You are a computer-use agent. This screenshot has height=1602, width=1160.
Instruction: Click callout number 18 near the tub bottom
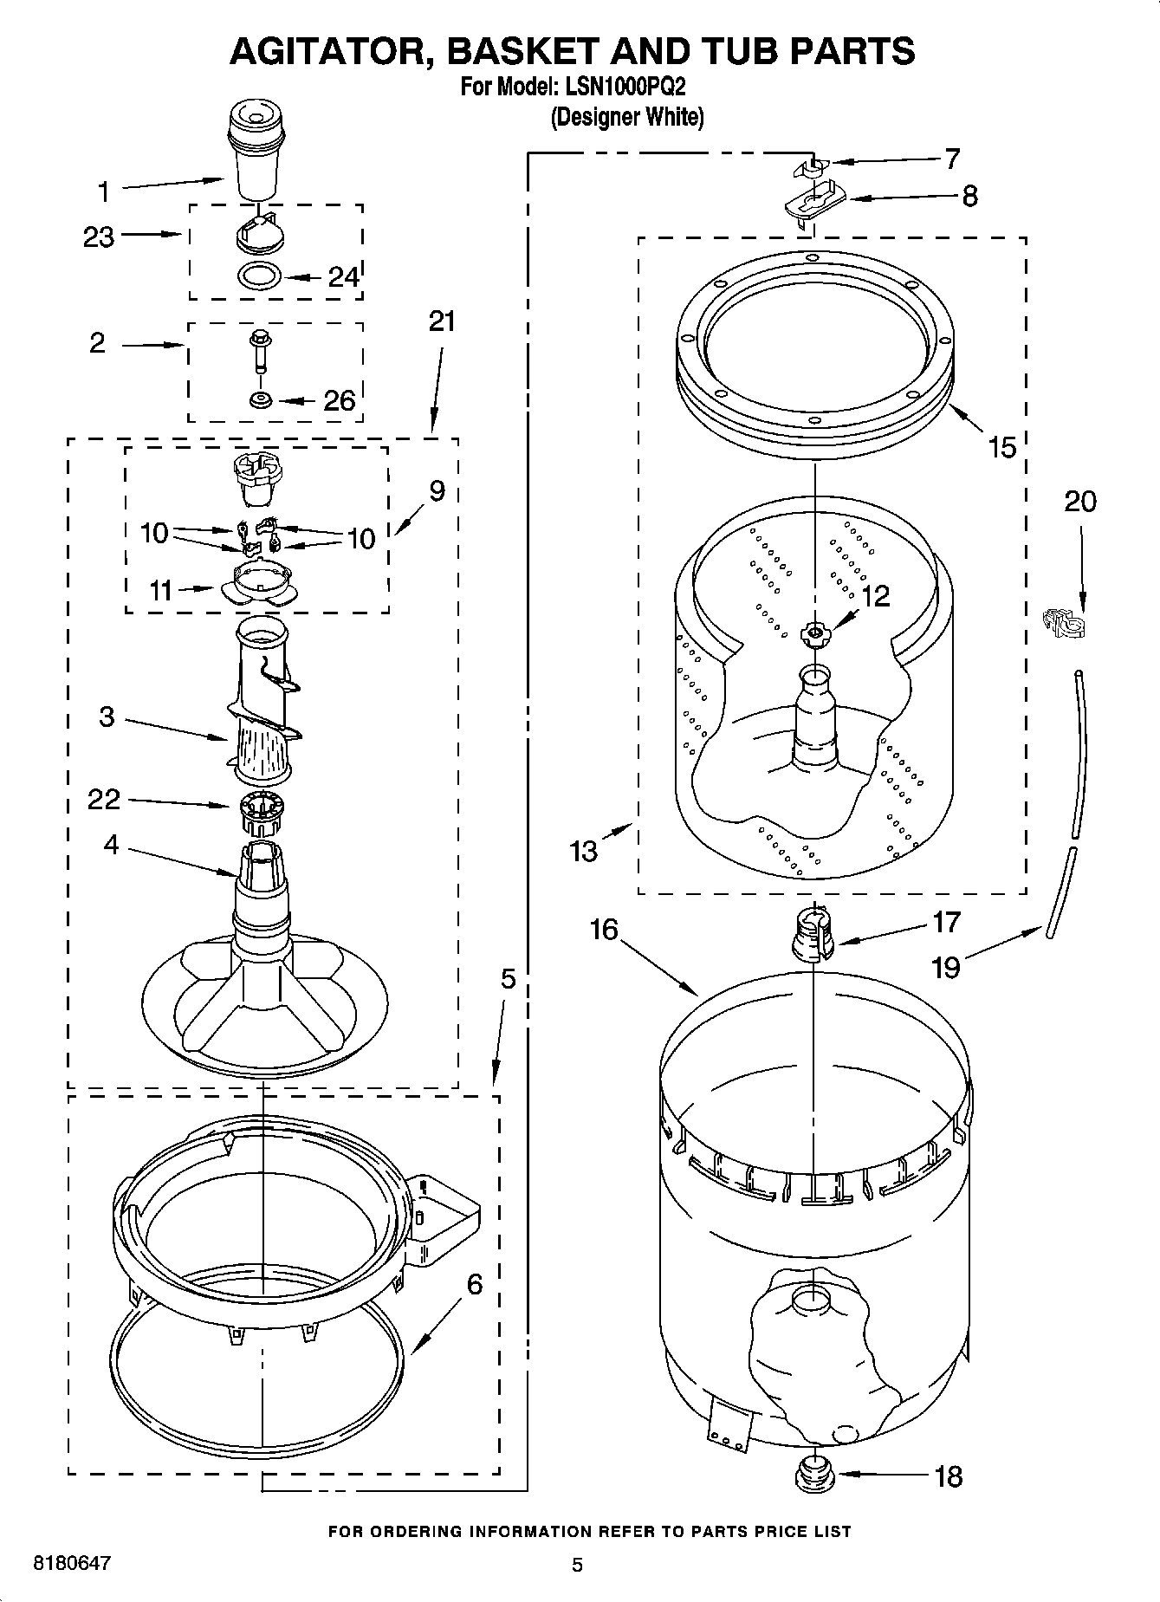949,1476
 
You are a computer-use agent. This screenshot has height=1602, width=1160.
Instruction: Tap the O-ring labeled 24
259,276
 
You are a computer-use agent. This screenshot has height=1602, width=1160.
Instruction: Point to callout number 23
99,237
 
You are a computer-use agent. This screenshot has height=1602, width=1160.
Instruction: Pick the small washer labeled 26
259,400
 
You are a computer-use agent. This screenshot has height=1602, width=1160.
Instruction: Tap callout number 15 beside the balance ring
1001,448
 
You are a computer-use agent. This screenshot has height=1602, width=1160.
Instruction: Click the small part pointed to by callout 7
813,166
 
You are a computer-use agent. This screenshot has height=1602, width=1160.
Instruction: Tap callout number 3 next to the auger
107,717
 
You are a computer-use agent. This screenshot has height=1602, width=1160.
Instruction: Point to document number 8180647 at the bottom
72,1563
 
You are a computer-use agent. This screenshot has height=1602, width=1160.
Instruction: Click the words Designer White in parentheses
627,117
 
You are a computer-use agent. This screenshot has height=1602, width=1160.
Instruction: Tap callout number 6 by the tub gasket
474,1284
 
